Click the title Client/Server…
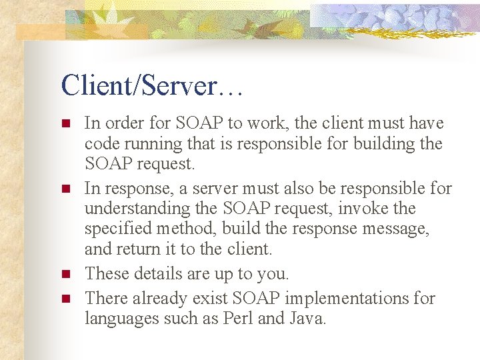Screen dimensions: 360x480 (151, 85)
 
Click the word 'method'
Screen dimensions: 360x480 (190, 229)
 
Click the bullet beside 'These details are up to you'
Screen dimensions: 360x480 (65, 274)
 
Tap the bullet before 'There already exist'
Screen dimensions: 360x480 (65, 299)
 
